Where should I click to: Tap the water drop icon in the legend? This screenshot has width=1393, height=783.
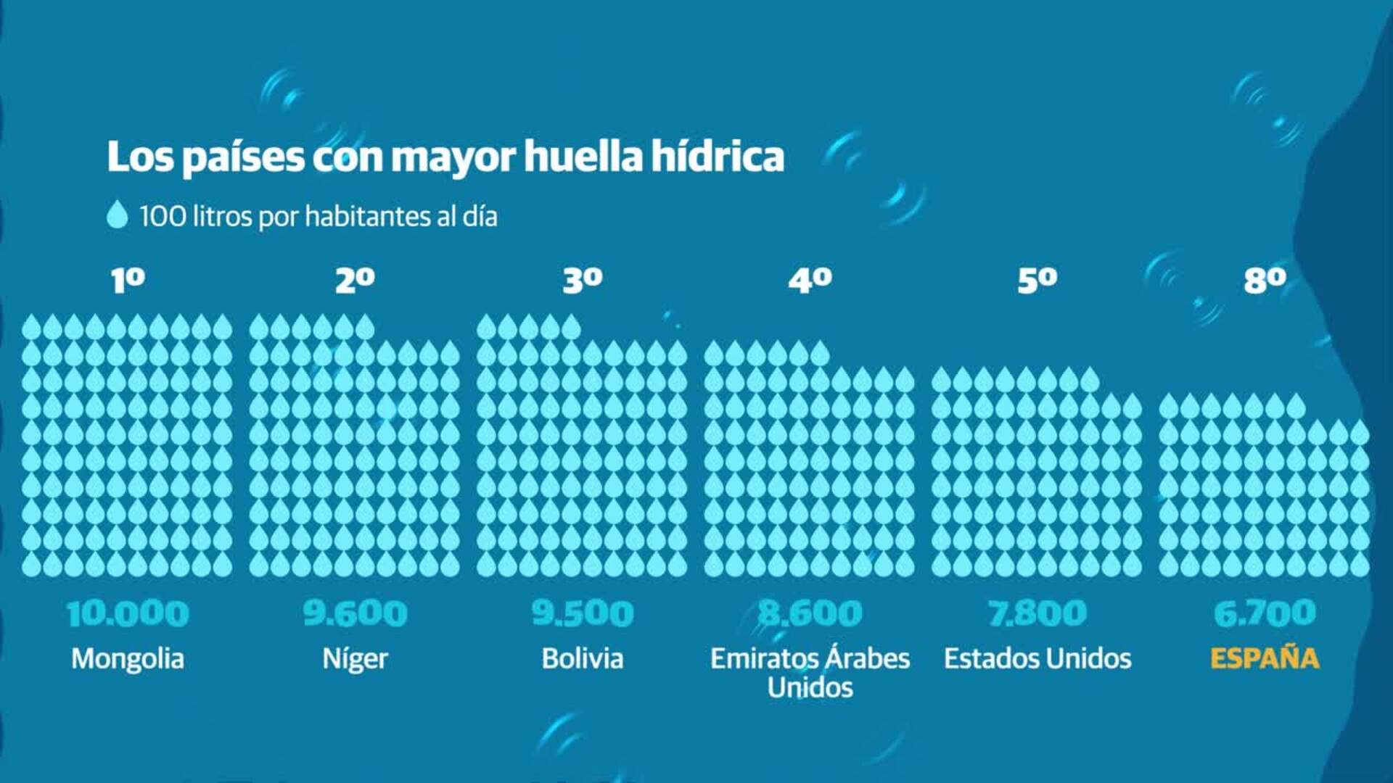[117, 215]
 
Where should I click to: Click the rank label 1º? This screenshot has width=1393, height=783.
[128, 280]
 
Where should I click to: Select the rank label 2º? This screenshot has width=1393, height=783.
[355, 280]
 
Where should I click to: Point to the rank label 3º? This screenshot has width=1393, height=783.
[583, 280]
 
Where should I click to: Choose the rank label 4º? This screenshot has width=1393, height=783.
[810, 280]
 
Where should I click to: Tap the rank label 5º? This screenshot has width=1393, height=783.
[1037, 280]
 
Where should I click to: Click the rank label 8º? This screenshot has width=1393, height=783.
[1265, 280]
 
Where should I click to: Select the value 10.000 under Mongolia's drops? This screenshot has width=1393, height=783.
[128, 613]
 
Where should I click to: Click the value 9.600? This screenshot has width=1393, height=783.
[355, 613]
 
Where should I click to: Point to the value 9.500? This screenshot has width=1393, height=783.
[583, 613]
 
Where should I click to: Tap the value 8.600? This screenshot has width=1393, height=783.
[810, 613]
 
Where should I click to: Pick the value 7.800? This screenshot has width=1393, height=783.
[1037, 613]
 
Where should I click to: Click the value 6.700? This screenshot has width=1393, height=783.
[1265, 613]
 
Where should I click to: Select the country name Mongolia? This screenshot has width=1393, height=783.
[128, 658]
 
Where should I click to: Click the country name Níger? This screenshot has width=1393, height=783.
[355, 658]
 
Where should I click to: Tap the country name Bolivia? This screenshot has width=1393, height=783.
[583, 658]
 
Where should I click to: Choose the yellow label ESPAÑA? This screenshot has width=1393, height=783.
[1265, 658]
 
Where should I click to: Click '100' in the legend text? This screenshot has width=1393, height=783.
[163, 216]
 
